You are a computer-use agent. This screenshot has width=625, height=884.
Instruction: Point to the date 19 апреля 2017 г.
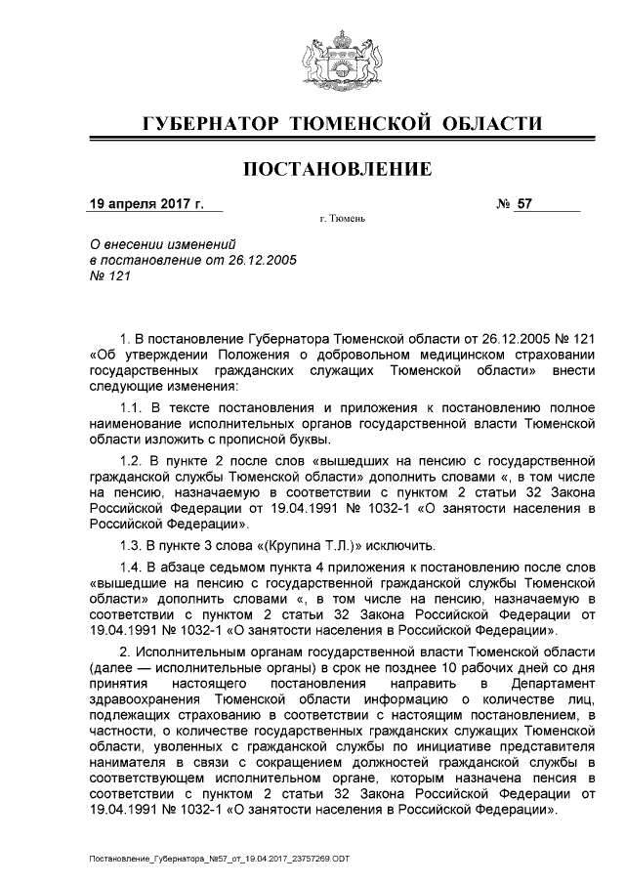point(146,205)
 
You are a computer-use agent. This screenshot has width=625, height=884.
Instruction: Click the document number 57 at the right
point(526,205)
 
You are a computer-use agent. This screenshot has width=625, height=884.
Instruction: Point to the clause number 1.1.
point(132,406)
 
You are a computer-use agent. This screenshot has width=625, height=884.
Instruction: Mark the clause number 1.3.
point(132,545)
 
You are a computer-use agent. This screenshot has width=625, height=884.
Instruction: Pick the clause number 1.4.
point(132,567)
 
